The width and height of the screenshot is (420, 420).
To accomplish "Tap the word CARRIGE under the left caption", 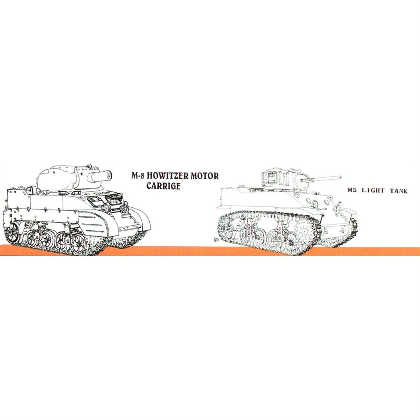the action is click(x=164, y=186).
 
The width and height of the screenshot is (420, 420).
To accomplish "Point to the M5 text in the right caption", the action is click(x=352, y=191).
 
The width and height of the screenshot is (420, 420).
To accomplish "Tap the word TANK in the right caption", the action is click(x=398, y=191).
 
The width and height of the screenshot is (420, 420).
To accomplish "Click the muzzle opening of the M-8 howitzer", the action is click(x=108, y=175).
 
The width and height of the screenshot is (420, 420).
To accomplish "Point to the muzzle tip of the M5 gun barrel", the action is click(x=340, y=177).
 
